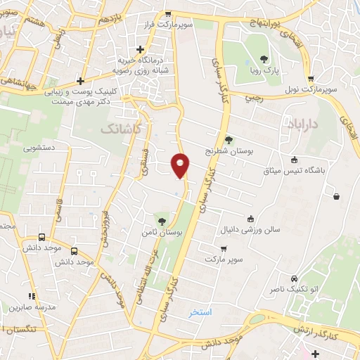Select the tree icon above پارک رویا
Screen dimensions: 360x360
click(263, 59)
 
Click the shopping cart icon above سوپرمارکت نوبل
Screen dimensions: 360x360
click(309, 79)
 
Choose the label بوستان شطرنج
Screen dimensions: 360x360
click(228, 150)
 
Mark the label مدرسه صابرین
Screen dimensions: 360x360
click(31, 307)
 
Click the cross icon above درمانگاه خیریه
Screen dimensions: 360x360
click(142, 49)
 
